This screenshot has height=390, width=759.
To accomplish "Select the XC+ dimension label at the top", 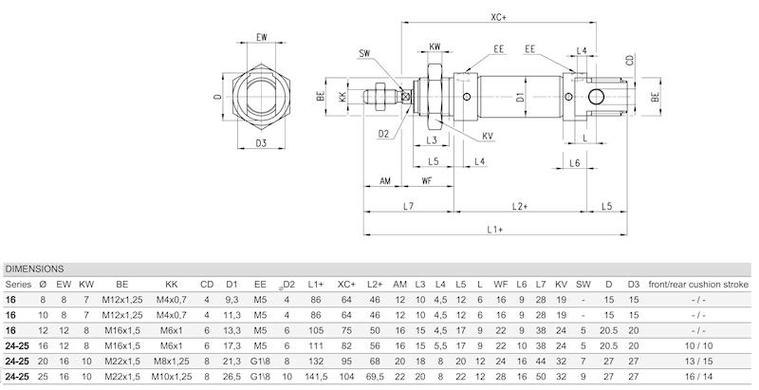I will (497, 16).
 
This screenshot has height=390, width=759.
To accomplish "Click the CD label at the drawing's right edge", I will (630, 60).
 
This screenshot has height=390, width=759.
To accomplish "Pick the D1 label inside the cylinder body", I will (520, 97).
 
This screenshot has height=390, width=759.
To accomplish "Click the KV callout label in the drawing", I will (488, 136).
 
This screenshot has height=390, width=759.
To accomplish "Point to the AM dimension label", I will (386, 179).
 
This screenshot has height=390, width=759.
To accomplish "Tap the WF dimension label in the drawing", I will (428, 179).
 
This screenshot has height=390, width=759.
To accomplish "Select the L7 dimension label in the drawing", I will (408, 205).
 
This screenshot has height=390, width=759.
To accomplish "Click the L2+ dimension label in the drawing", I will (520, 205).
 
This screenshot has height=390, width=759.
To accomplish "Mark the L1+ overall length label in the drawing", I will (495, 229).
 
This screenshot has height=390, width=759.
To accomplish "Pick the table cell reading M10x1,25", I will (172, 377).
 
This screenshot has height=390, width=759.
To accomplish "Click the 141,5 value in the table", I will (316, 377).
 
